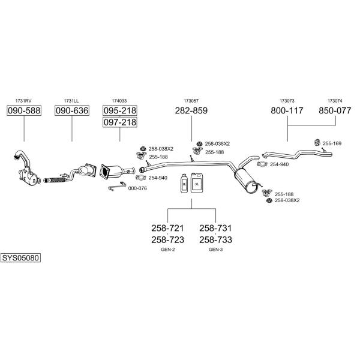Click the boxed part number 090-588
24,110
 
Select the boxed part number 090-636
72,110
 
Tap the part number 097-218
119,122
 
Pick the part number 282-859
191,110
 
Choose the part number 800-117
287,110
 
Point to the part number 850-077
335,110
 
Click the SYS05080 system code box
20,258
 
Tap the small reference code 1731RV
23,101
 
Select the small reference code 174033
119,101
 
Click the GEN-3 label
215,250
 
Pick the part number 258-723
167,239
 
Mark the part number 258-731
215,228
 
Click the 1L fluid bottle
184,183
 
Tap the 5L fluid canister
197,182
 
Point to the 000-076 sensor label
137,188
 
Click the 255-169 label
332,143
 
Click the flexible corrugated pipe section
53,180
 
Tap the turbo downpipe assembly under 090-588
26,168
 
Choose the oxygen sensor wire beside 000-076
117,186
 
